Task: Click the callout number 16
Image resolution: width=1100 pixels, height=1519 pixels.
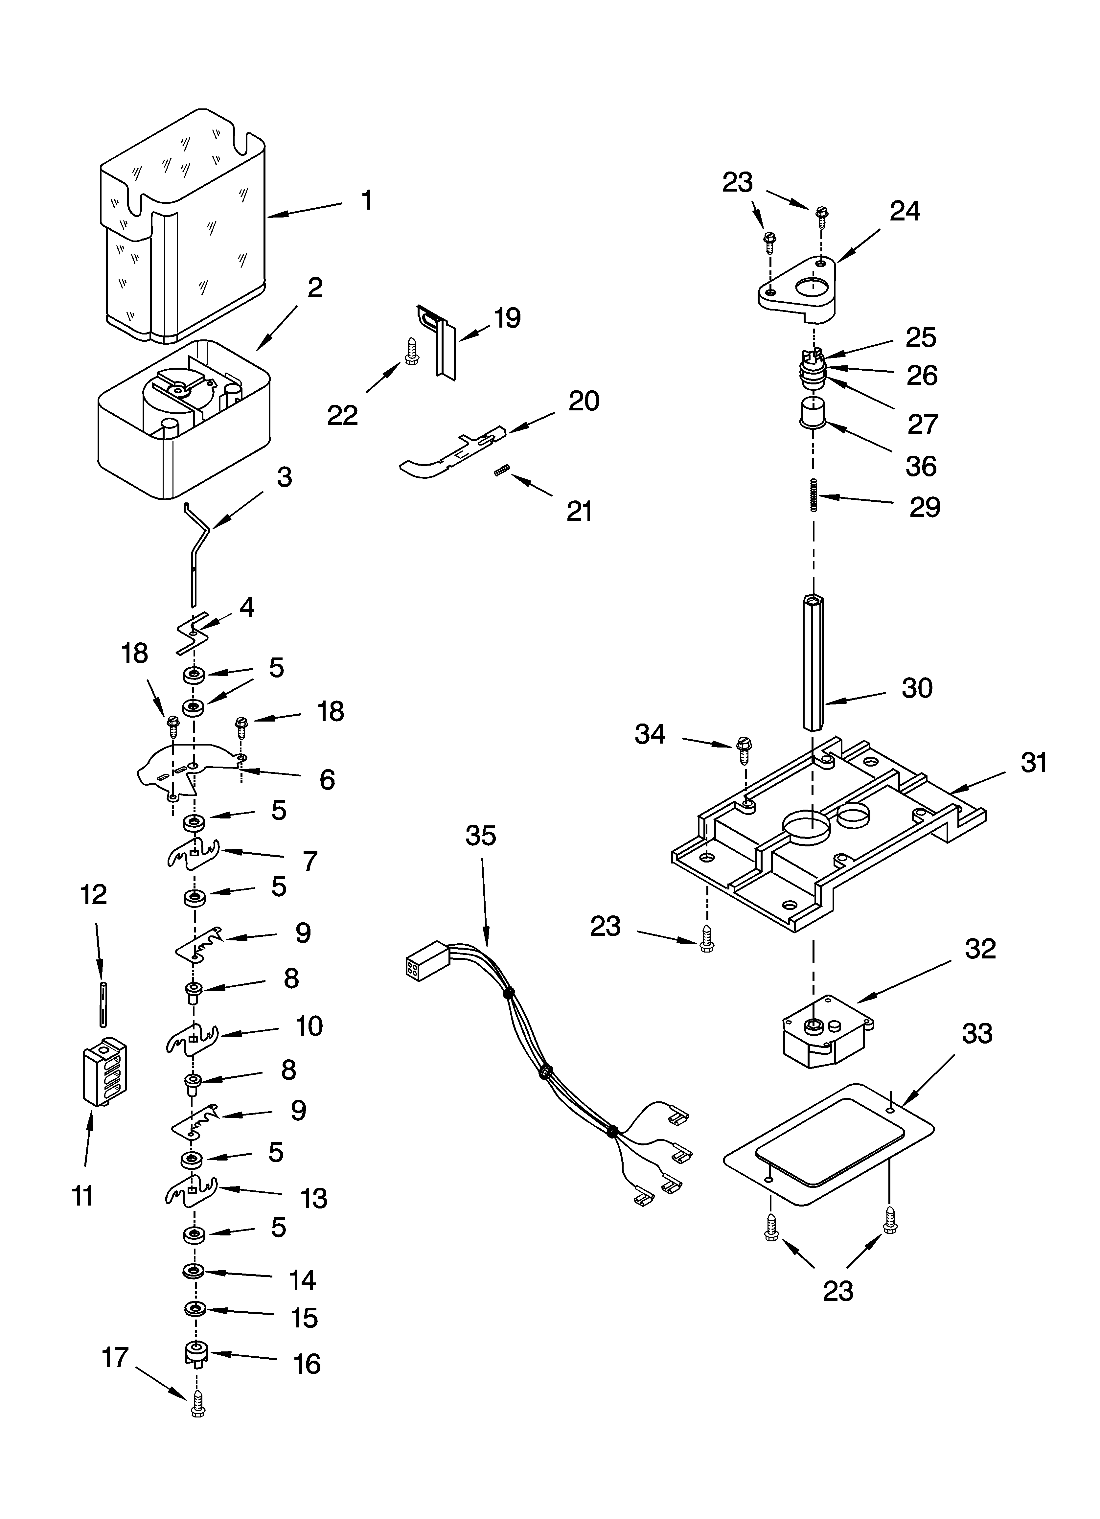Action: pyautogui.click(x=308, y=1363)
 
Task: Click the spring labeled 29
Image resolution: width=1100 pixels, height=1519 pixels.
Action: pyautogui.click(x=814, y=495)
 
